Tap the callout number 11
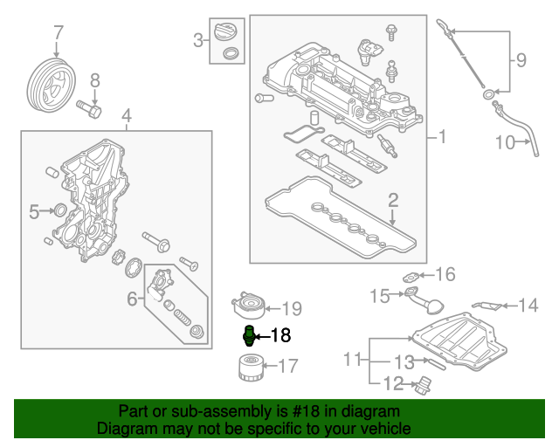[352, 359]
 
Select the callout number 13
[403, 362]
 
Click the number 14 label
[528, 306]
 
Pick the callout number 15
[378, 297]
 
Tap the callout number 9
[521, 60]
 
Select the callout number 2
[393, 201]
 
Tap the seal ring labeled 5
[59, 210]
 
